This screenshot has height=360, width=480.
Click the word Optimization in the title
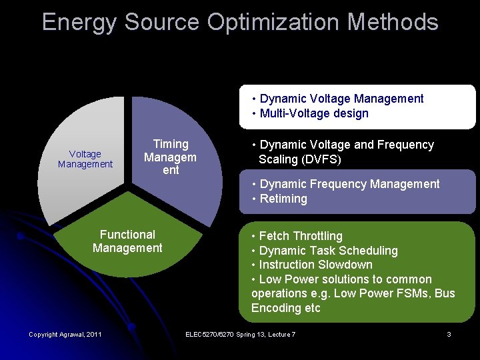coord(273,22)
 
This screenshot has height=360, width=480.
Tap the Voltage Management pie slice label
coord(85,159)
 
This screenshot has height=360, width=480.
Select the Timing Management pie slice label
coord(171,157)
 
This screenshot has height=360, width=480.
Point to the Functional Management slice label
coord(127,241)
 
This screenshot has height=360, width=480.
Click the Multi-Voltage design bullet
coord(314,113)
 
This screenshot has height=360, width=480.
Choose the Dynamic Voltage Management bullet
coord(341,99)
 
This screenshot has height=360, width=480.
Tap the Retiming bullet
coord(283,199)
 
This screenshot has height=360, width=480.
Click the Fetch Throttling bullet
coord(300,236)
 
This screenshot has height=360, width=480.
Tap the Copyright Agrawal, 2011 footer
coord(65,334)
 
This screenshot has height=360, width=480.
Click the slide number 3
coord(449,334)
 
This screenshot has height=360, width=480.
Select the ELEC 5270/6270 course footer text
coord(240,334)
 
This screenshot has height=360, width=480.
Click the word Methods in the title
coord(393,22)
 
